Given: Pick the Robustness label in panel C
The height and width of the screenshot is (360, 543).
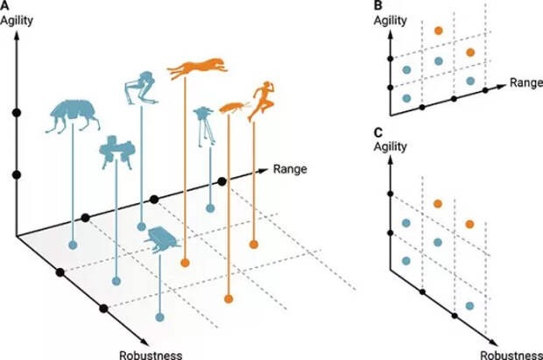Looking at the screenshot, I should (507, 353).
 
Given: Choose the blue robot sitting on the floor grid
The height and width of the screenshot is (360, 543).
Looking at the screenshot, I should (161, 238).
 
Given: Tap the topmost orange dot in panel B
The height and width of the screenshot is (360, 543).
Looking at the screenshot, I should (439, 32).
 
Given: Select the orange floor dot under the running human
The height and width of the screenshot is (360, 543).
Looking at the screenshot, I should (254, 243).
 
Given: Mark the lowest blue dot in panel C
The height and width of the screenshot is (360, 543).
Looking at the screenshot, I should (471, 306).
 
